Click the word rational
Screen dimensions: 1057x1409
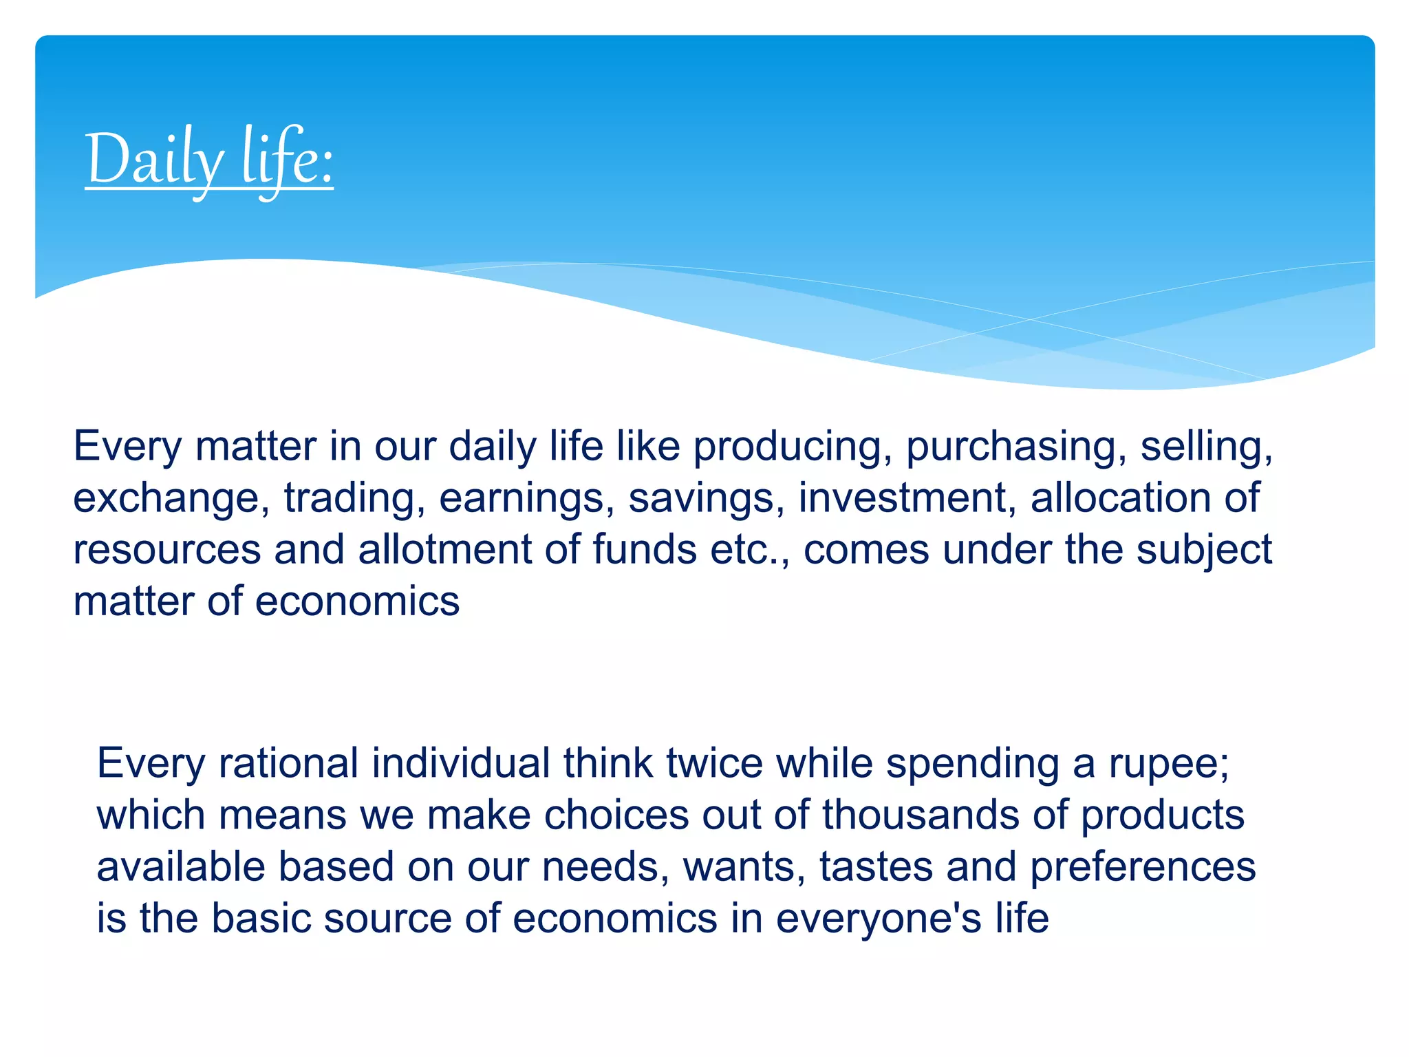[x=288, y=764]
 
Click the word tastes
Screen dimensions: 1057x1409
[x=876, y=867]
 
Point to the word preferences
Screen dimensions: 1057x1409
[x=1142, y=867]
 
